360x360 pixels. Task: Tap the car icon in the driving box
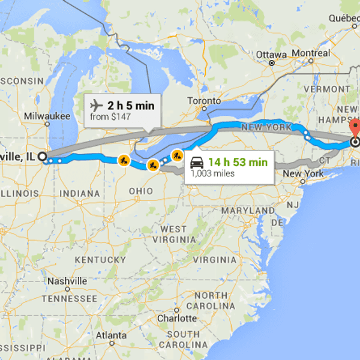pyautogui.click(x=197, y=163)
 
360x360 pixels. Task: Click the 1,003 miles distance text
pyautogui.click(x=212, y=174)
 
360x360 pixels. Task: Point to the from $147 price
pyautogui.click(x=110, y=117)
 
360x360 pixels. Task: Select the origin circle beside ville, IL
pyautogui.click(x=43, y=157)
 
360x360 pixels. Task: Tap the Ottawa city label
pyautogui.click(x=271, y=54)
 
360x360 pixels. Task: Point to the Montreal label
pyautogui.click(x=311, y=53)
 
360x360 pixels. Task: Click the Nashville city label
pyautogui.click(x=67, y=281)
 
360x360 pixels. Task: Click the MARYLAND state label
pyautogui.click(x=248, y=211)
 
